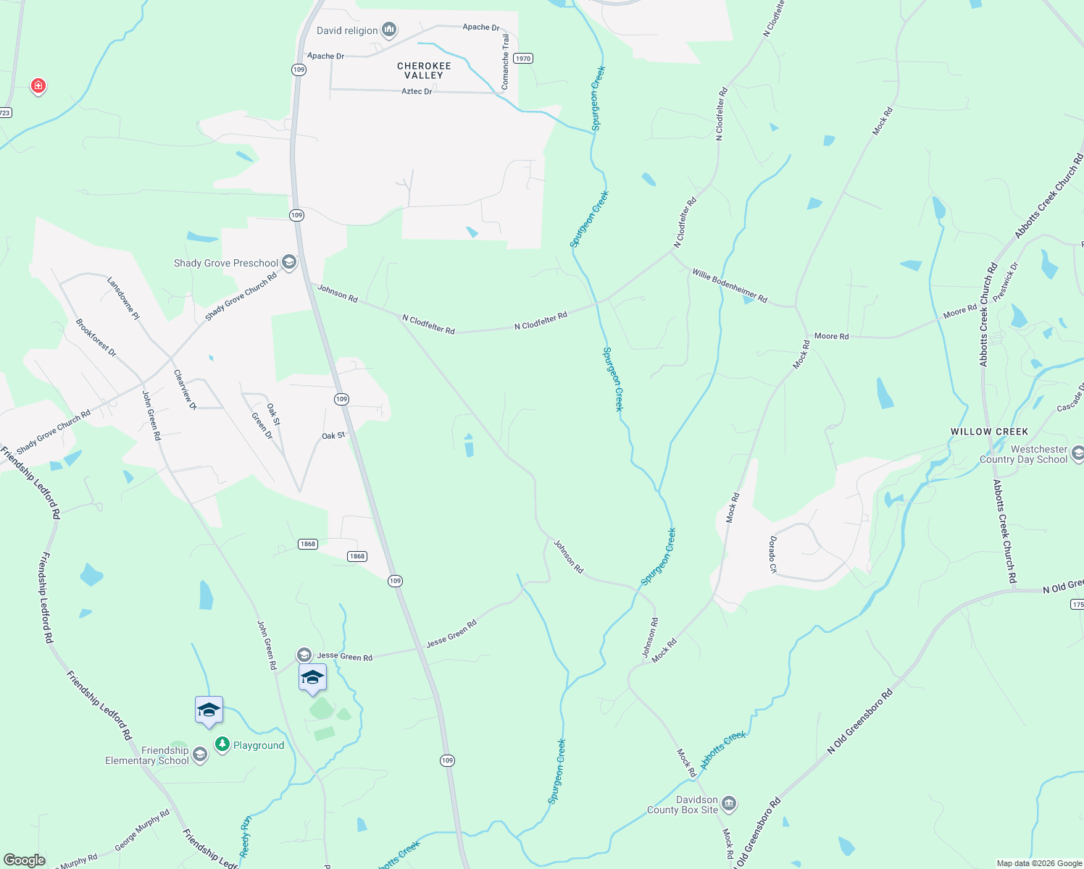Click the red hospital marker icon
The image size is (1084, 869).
click(x=38, y=86)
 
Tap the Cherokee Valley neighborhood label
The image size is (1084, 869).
click(x=424, y=70)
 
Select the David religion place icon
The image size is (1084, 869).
click(x=389, y=30)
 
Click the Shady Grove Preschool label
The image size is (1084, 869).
click(x=226, y=263)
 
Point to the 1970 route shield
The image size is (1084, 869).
click(x=522, y=59)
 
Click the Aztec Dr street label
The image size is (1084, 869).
click(x=417, y=91)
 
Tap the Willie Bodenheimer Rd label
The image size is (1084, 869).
click(x=729, y=285)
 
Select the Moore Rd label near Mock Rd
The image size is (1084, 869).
click(x=831, y=336)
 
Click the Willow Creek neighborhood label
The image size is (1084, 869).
click(x=989, y=432)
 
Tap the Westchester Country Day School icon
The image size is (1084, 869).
click(x=1077, y=453)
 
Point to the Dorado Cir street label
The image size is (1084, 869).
click(x=772, y=555)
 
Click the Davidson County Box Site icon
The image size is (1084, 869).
click(x=729, y=803)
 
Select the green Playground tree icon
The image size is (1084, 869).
click(x=222, y=744)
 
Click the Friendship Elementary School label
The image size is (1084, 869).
click(x=147, y=755)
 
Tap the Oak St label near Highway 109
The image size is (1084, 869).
click(x=333, y=436)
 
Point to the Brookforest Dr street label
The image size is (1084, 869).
click(x=96, y=337)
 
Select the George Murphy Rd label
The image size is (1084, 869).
click(x=142, y=830)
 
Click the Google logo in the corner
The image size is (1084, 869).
click(x=25, y=860)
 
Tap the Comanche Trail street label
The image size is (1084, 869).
click(x=505, y=62)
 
